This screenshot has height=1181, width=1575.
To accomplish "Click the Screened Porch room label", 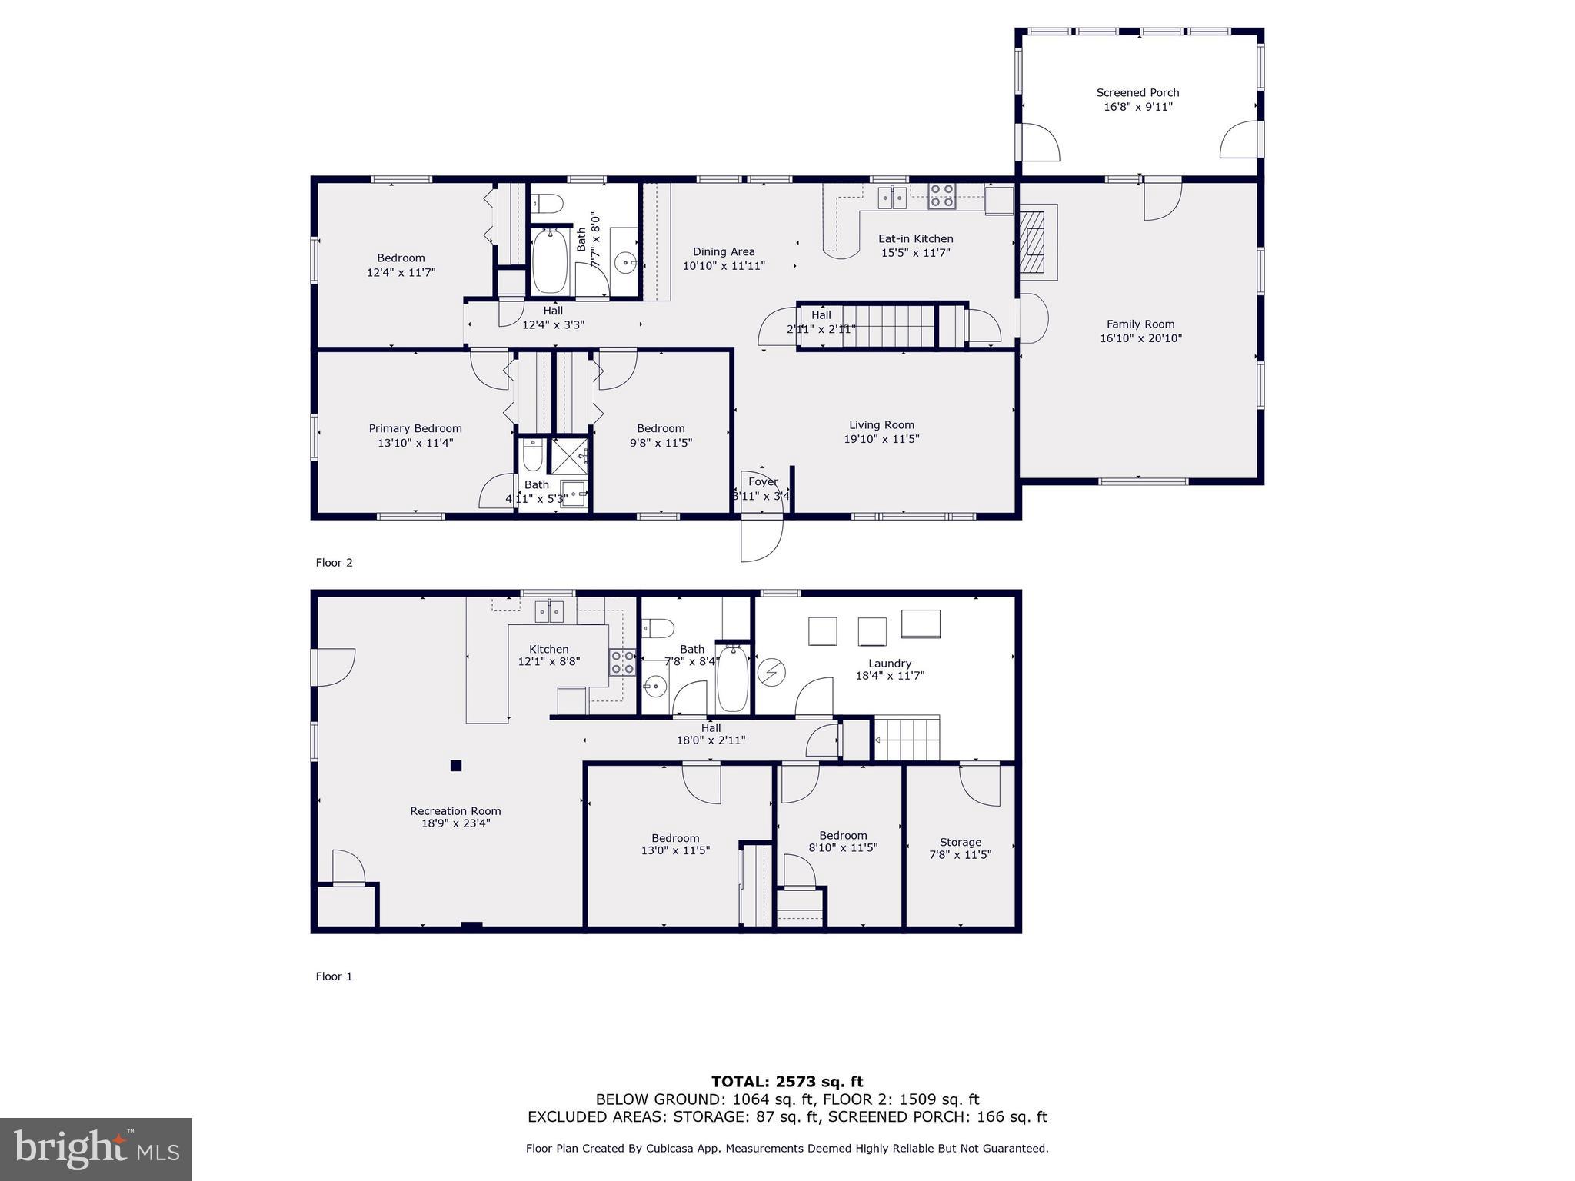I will pyautogui.click(x=1137, y=93).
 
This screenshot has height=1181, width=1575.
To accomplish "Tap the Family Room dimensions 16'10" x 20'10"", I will pyautogui.click(x=1140, y=338).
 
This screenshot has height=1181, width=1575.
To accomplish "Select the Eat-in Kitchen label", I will pyautogui.click(x=915, y=239).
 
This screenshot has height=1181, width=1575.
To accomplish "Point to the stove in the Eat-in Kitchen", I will pyautogui.click(x=942, y=195).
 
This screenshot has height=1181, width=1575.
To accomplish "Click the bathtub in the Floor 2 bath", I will pyautogui.click(x=549, y=262).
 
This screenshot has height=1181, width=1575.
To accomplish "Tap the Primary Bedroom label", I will pyautogui.click(x=415, y=429).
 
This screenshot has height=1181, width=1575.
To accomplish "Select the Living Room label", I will pyautogui.click(x=881, y=425).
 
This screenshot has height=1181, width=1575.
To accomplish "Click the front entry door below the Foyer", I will pyautogui.click(x=761, y=538).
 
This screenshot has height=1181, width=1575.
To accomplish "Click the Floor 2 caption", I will pyautogui.click(x=334, y=563).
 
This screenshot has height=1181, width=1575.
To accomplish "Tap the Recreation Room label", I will pyautogui.click(x=455, y=811).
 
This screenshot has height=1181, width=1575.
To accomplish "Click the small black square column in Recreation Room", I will pyautogui.click(x=456, y=765).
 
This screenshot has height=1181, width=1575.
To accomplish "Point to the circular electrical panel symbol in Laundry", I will pyautogui.click(x=771, y=673).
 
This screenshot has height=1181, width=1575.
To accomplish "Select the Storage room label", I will pyautogui.click(x=960, y=843).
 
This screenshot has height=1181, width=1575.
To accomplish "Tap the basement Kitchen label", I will pyautogui.click(x=548, y=650).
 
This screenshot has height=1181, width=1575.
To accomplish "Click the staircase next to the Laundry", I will pyautogui.click(x=907, y=739).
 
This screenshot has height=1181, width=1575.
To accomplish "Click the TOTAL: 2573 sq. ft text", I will pyautogui.click(x=787, y=1082).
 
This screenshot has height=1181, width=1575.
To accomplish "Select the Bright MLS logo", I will pyautogui.click(x=96, y=1149).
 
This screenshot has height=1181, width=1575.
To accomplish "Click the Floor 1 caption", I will pyautogui.click(x=334, y=976).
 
